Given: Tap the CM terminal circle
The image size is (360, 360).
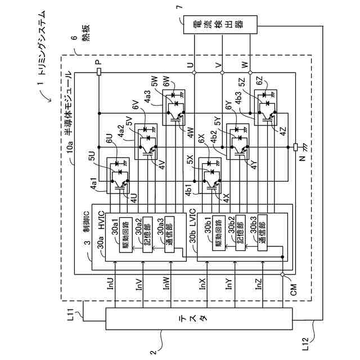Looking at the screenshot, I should tap(286, 276).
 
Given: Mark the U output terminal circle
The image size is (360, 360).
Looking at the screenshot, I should tap(194, 73).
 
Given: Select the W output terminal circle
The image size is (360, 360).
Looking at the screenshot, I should tap(250, 73).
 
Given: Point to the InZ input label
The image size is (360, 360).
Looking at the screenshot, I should tap(258, 284).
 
